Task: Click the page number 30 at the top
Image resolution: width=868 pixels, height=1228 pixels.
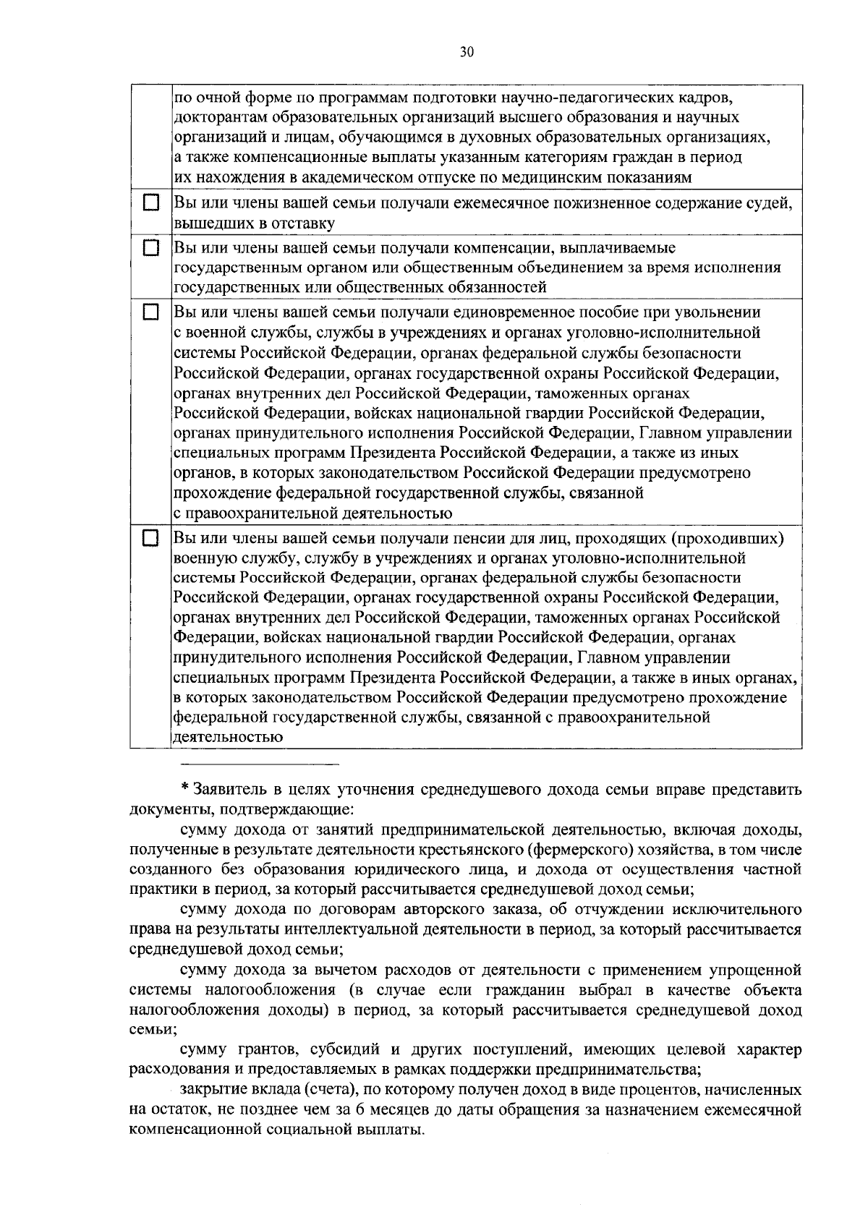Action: (466, 52)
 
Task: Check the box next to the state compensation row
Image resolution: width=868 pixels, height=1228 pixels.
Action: (150, 248)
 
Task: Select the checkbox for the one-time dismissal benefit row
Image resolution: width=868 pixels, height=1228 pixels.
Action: (150, 312)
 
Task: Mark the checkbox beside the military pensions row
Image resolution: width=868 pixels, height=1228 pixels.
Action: (150, 538)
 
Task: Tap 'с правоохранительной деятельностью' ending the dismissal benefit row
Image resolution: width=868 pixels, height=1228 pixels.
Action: (313, 513)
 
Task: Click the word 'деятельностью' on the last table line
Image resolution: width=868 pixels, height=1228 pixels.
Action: (228, 738)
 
